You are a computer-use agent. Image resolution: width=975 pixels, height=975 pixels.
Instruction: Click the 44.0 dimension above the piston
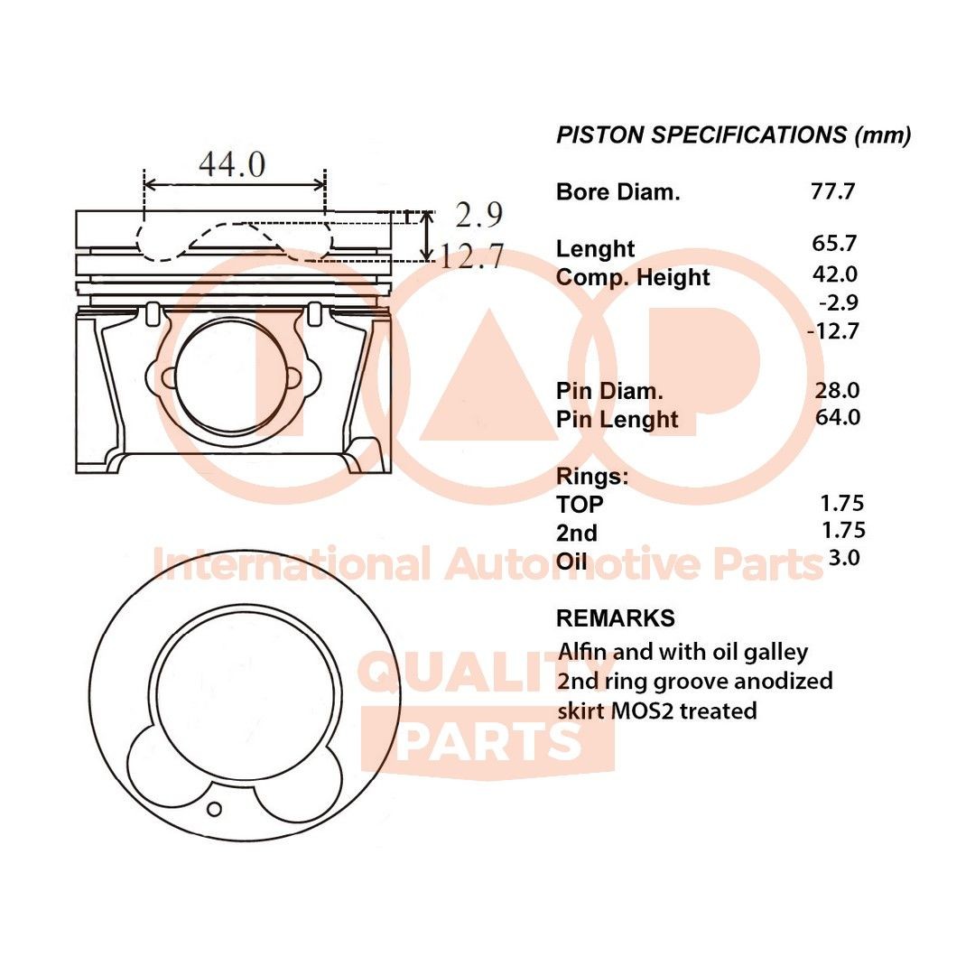[x=232, y=164]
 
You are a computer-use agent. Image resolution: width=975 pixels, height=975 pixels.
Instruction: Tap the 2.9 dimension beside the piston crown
[x=478, y=215]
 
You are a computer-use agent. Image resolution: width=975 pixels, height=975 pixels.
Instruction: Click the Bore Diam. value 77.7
[x=832, y=191]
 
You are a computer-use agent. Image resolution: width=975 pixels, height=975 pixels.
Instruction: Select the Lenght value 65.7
[x=834, y=243]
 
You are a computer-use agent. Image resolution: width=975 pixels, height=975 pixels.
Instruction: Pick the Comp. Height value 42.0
[x=835, y=274]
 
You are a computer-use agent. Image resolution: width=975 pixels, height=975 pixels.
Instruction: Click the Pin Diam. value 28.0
[x=837, y=391]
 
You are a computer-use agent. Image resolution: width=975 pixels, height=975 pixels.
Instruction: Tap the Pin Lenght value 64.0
[x=838, y=417]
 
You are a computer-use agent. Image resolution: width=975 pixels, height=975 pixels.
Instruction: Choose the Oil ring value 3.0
[x=844, y=558]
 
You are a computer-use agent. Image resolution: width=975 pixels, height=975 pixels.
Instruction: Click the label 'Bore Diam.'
[x=618, y=192]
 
